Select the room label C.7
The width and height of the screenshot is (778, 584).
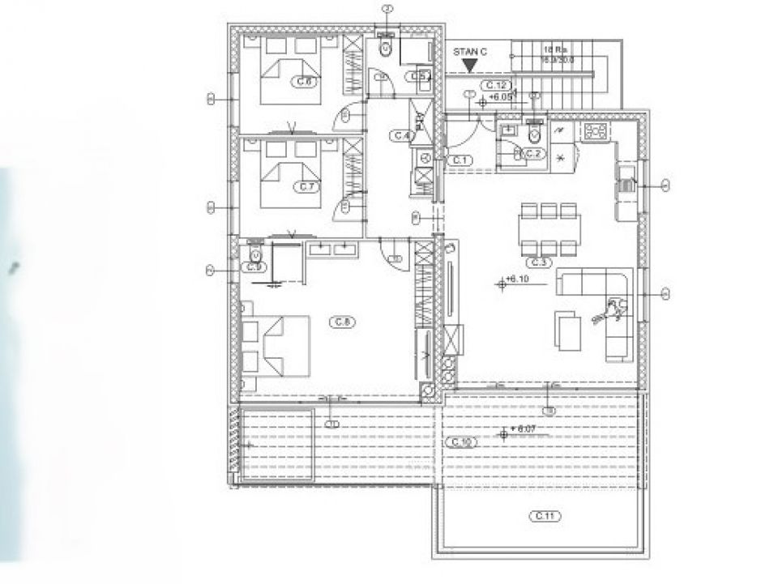[306, 186]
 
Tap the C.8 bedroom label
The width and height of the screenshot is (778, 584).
[341, 322]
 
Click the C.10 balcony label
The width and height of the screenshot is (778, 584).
[460, 441]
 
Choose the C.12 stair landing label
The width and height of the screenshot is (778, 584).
[495, 85]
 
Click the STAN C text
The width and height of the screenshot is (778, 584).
[471, 52]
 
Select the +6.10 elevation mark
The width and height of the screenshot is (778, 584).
[515, 281]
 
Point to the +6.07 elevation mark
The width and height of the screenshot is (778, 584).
[516, 429]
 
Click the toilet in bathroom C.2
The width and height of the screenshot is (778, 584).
[533, 132]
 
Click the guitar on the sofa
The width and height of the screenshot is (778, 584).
[613, 309]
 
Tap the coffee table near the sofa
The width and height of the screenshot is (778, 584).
[567, 330]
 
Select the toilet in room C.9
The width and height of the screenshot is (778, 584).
[255, 253]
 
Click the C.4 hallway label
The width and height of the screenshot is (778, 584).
[401, 135]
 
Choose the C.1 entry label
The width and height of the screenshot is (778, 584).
[460, 160]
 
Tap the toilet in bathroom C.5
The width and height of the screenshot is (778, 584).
[386, 48]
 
